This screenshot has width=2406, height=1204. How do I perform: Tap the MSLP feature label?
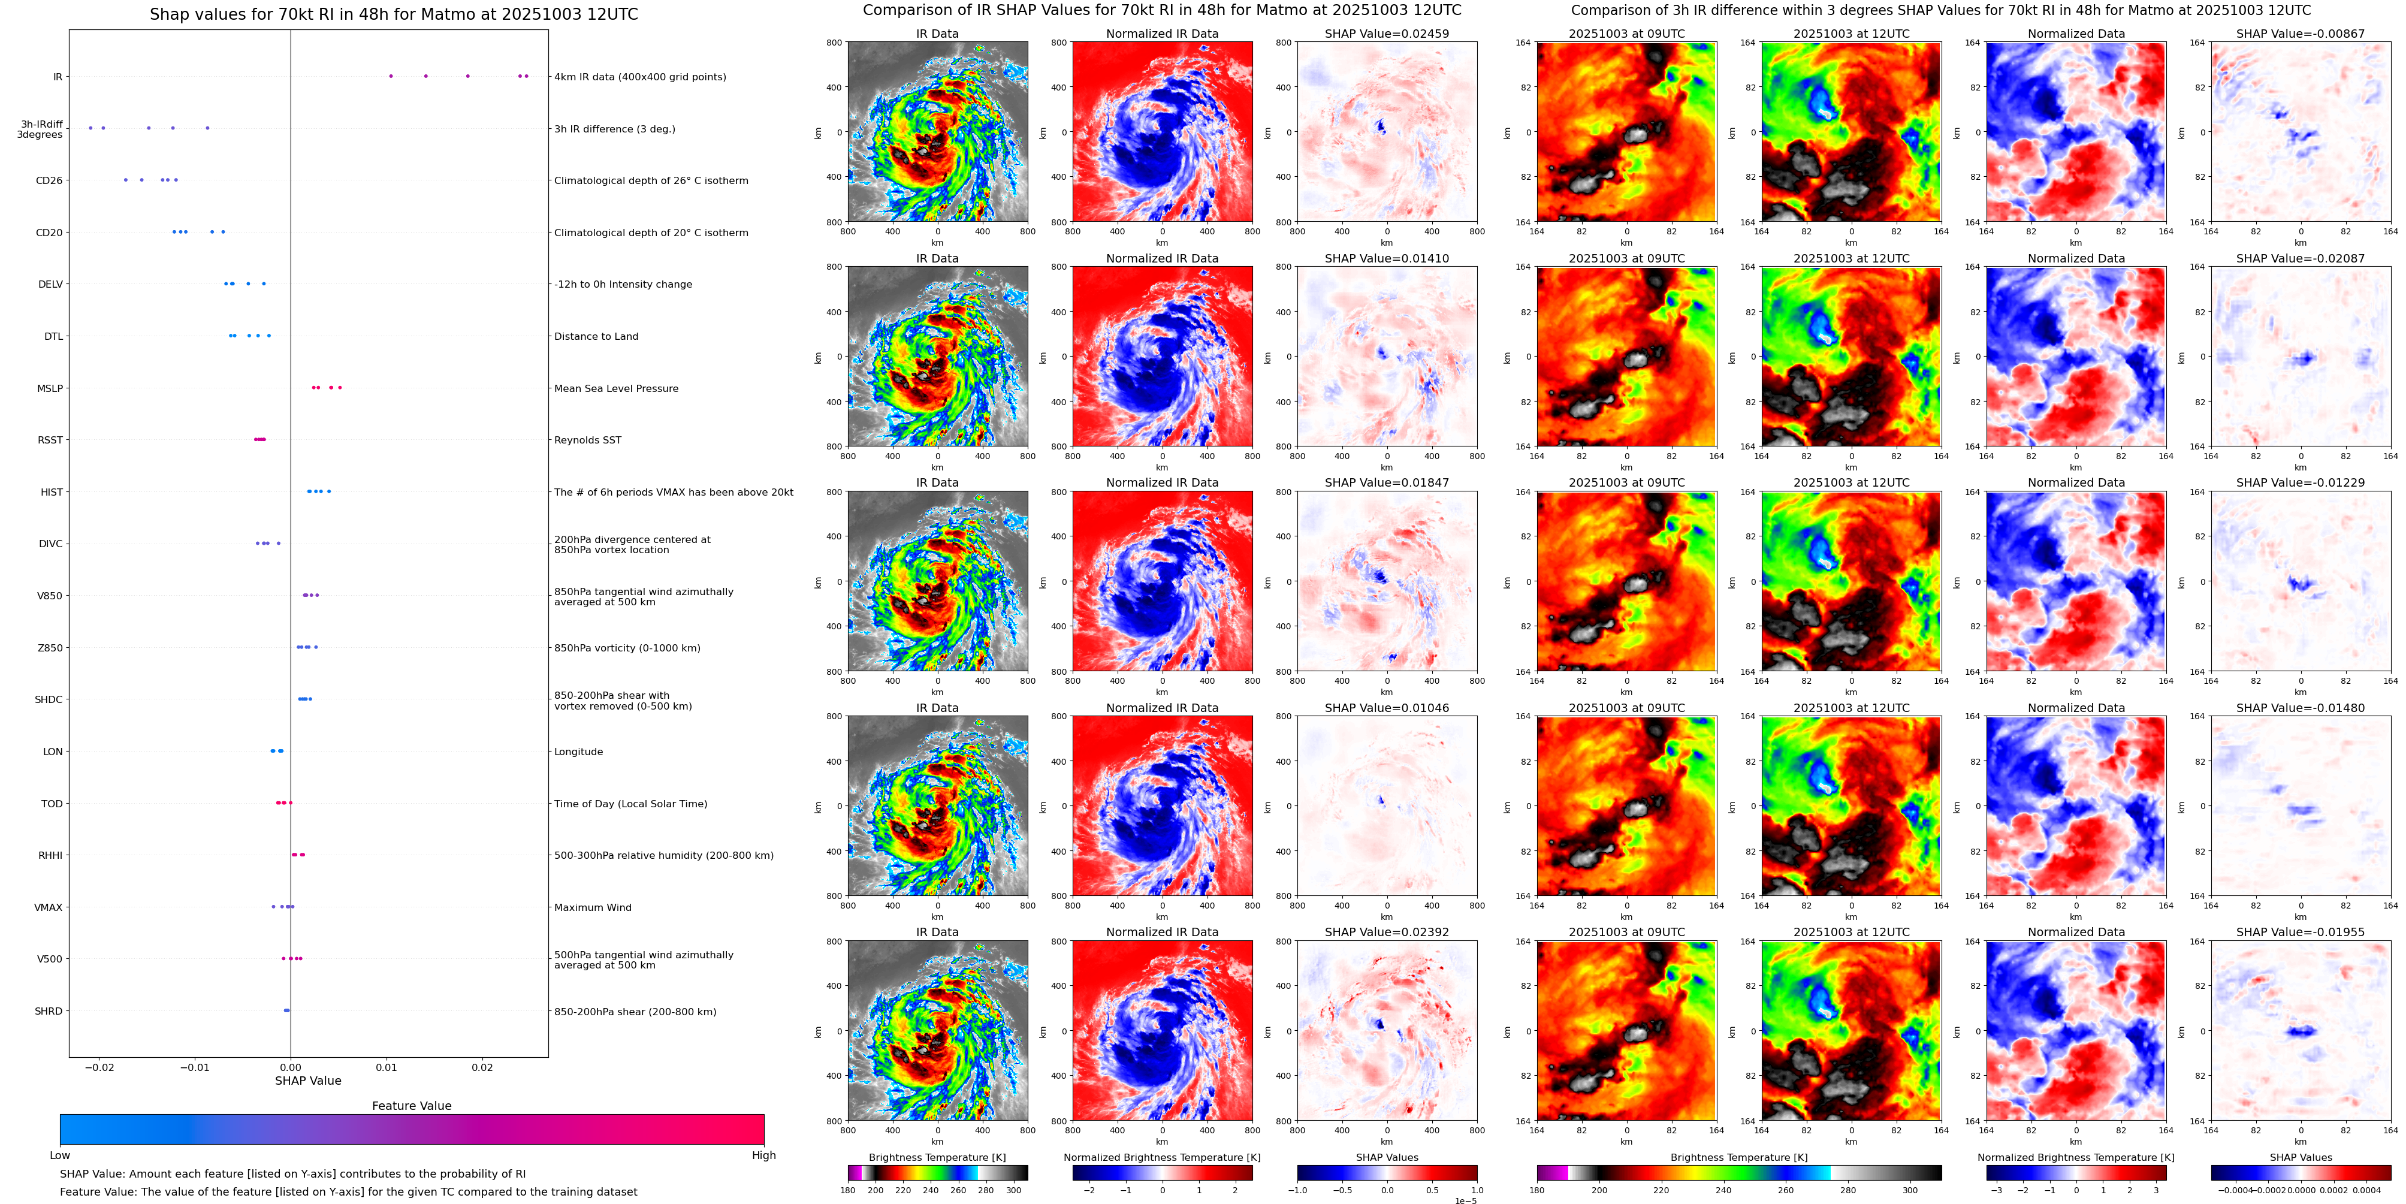(x=50, y=388)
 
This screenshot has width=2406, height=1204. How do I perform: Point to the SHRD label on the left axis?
(x=49, y=1010)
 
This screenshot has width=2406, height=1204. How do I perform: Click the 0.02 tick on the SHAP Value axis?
(x=482, y=1067)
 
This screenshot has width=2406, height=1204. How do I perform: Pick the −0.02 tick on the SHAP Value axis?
(x=99, y=1067)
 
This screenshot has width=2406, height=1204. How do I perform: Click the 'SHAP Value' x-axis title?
(x=307, y=1081)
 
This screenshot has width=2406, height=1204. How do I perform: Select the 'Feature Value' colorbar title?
(x=411, y=1106)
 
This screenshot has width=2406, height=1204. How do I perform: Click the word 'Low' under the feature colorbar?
(x=60, y=1155)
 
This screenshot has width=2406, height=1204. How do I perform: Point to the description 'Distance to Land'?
(x=596, y=336)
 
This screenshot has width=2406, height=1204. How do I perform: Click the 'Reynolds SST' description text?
(x=587, y=440)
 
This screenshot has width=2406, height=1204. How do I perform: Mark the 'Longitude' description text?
(x=578, y=752)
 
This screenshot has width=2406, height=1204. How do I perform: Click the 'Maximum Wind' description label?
(x=592, y=907)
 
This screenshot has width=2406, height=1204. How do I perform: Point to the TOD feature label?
(x=52, y=803)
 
